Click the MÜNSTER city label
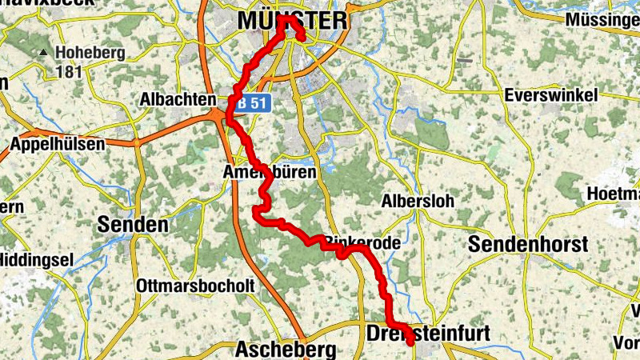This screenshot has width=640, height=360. point(294,19)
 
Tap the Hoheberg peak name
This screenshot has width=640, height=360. point(90,54)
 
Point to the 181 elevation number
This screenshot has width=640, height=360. point(70,72)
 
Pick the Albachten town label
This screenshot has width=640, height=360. point(177,99)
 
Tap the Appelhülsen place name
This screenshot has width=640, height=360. point(57,145)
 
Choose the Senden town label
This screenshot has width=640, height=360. point(133,224)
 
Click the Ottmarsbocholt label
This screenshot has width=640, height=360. point(195,285)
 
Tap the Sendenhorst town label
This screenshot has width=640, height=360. point(528,244)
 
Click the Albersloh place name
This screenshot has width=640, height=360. point(417,201)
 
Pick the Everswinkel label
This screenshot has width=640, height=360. point(551,95)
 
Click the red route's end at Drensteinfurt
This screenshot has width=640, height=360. point(411,342)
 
